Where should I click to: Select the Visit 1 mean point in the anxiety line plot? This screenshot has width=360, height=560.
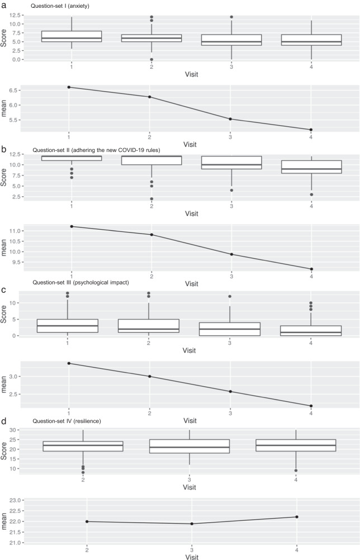pyautogui.click(x=69, y=87)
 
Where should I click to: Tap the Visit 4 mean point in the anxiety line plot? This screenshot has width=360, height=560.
pyautogui.click(x=311, y=130)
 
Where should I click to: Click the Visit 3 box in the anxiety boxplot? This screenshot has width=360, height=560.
pyautogui.click(x=230, y=40)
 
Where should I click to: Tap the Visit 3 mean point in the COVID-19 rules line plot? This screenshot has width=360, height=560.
pyautogui.click(x=230, y=254)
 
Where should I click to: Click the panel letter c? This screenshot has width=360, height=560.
pyautogui.click(x=4, y=290)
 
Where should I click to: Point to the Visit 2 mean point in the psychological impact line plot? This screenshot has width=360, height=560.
pyautogui.click(x=149, y=376)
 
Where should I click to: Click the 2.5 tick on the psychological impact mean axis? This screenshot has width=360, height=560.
pyautogui.click(x=20, y=394)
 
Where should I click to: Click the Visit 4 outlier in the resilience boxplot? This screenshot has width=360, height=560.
pyautogui.click(x=311, y=471)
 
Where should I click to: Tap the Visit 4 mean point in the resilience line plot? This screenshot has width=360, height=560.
pyautogui.click(x=311, y=516)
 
